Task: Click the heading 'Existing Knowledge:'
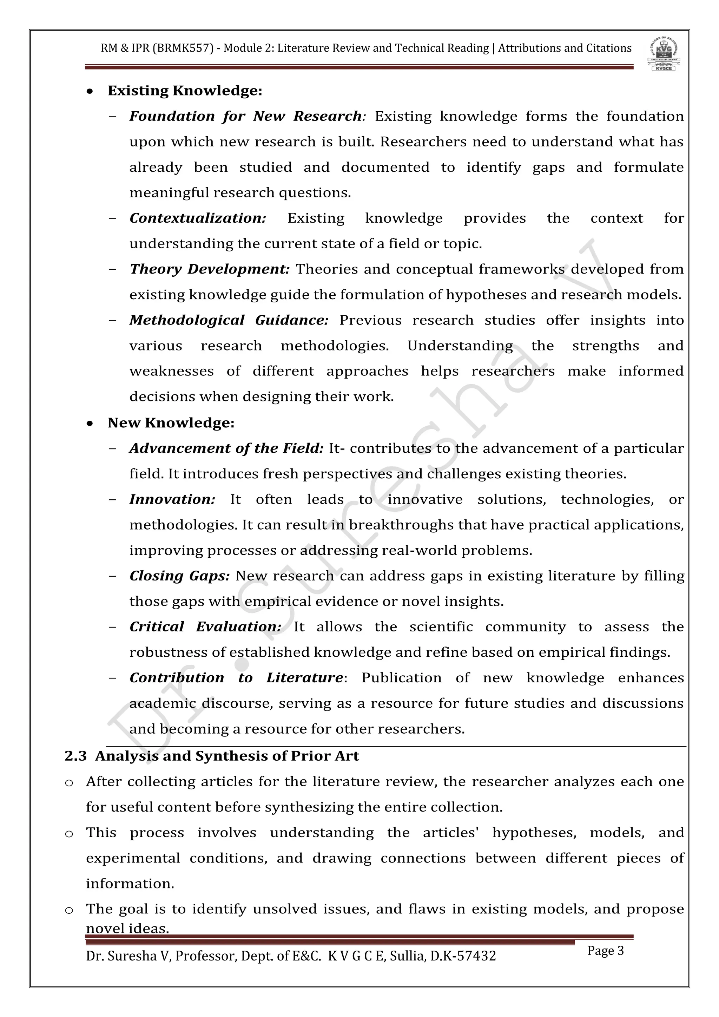pyautogui.click(x=185, y=91)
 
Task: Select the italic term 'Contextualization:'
pyautogui.click(x=197, y=218)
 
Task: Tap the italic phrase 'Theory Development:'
pyautogui.click(x=209, y=269)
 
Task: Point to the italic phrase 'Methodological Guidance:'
pyautogui.click(x=229, y=320)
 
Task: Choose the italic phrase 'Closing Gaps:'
pyautogui.click(x=179, y=576)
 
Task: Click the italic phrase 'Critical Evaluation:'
pyautogui.click(x=205, y=627)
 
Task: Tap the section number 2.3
pyautogui.click(x=76, y=756)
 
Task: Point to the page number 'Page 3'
pyautogui.click(x=605, y=951)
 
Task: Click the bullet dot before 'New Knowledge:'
pyautogui.click(x=90, y=424)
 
